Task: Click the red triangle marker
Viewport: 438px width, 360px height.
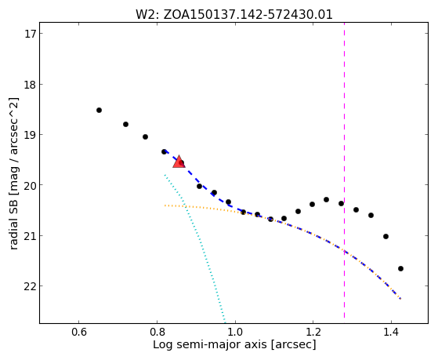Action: click(x=179, y=162)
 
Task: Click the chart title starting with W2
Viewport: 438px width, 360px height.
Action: click(x=234, y=15)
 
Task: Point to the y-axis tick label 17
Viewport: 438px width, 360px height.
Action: click(x=30, y=34)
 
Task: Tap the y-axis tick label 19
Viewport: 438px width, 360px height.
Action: click(x=30, y=135)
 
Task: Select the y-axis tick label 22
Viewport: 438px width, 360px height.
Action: click(x=30, y=286)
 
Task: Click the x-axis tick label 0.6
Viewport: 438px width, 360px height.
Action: click(x=78, y=332)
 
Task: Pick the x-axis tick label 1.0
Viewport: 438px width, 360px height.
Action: click(x=235, y=332)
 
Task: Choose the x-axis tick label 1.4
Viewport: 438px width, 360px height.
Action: click(x=391, y=332)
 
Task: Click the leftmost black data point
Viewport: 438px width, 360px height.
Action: click(x=99, y=111)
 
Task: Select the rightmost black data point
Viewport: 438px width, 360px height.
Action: click(x=400, y=268)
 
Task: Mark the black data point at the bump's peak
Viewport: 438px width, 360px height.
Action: click(x=326, y=199)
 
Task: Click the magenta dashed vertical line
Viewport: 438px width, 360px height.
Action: click(x=344, y=170)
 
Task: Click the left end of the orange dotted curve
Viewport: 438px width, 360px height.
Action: click(x=165, y=205)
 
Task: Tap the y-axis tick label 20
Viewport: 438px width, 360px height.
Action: click(x=30, y=185)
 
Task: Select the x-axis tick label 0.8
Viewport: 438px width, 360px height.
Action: click(x=157, y=332)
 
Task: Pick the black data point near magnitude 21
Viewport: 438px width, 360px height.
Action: click(x=386, y=236)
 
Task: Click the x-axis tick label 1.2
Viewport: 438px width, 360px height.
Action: click(x=313, y=332)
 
